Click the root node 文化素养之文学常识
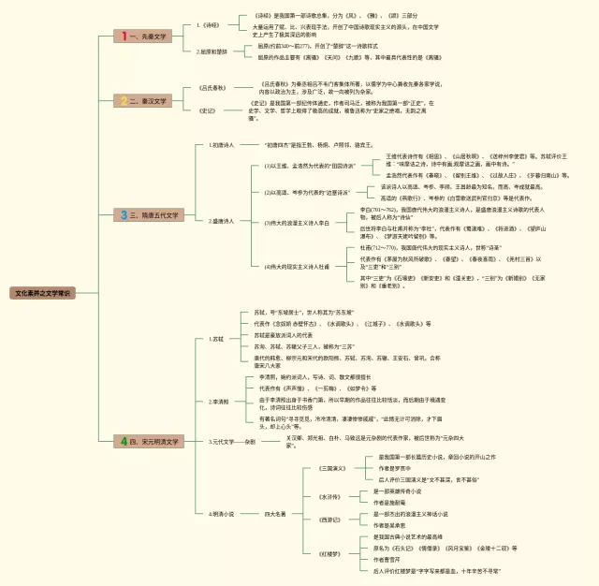coord(42,293)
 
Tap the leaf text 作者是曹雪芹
coord(392,559)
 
